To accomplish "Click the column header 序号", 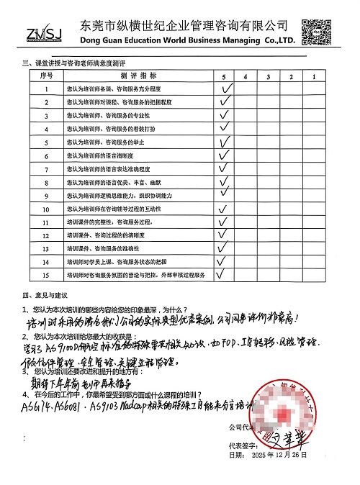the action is click(x=47, y=76).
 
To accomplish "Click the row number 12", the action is click(x=47, y=235).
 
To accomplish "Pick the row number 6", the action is click(x=47, y=155).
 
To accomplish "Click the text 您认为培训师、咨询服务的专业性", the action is click(x=108, y=116).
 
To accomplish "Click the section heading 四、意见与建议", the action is click(x=45, y=295).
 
